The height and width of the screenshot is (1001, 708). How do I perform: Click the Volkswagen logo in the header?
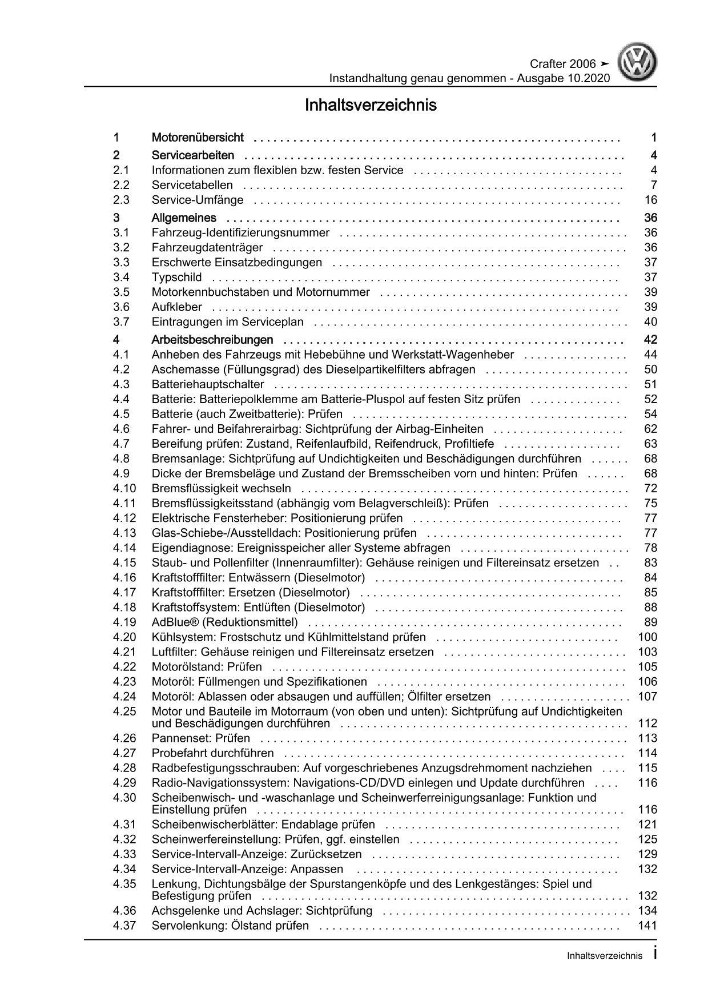tap(639, 64)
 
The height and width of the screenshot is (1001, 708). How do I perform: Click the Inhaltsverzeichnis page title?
tap(371, 106)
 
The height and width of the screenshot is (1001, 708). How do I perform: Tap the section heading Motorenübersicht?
tap(198, 138)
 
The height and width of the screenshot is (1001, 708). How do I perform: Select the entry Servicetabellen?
tap(192, 185)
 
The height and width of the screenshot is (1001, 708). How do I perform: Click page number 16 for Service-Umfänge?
tap(650, 200)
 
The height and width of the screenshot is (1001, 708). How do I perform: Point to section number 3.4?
tap(121, 278)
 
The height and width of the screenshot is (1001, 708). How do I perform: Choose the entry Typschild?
tap(176, 278)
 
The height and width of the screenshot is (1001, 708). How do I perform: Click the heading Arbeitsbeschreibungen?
tap(212, 340)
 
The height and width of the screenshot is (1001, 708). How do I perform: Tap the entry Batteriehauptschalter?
tap(208, 384)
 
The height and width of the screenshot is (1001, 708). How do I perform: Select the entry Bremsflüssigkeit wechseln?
tap(221, 488)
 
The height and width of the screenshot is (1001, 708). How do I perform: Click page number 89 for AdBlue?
tap(650, 622)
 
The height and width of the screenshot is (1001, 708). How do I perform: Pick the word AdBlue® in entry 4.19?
tap(174, 622)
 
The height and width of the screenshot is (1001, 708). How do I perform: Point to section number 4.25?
tap(124, 711)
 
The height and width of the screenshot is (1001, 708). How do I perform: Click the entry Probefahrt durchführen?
tap(212, 753)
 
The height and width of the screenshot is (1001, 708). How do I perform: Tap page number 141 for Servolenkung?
tap(648, 926)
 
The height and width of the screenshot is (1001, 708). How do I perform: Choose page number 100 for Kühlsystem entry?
tap(648, 637)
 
